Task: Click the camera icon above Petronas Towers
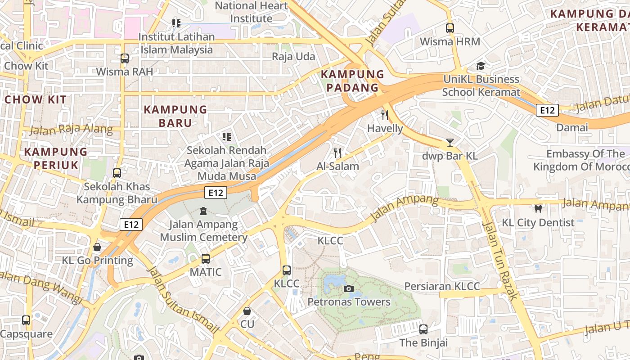348,288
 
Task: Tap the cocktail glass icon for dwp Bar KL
450,143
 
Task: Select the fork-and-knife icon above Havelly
384,115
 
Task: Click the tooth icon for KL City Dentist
538,209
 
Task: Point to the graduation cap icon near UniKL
481,66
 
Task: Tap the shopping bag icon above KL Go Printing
97,247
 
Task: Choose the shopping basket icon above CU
247,311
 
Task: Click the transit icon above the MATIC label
206,258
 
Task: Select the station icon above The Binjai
423,329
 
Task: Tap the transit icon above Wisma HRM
450,28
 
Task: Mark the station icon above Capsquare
26,320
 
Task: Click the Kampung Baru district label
175,116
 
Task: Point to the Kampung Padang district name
352,81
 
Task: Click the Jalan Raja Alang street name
71,129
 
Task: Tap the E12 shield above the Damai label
548,110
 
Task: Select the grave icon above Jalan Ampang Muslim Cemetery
203,211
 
